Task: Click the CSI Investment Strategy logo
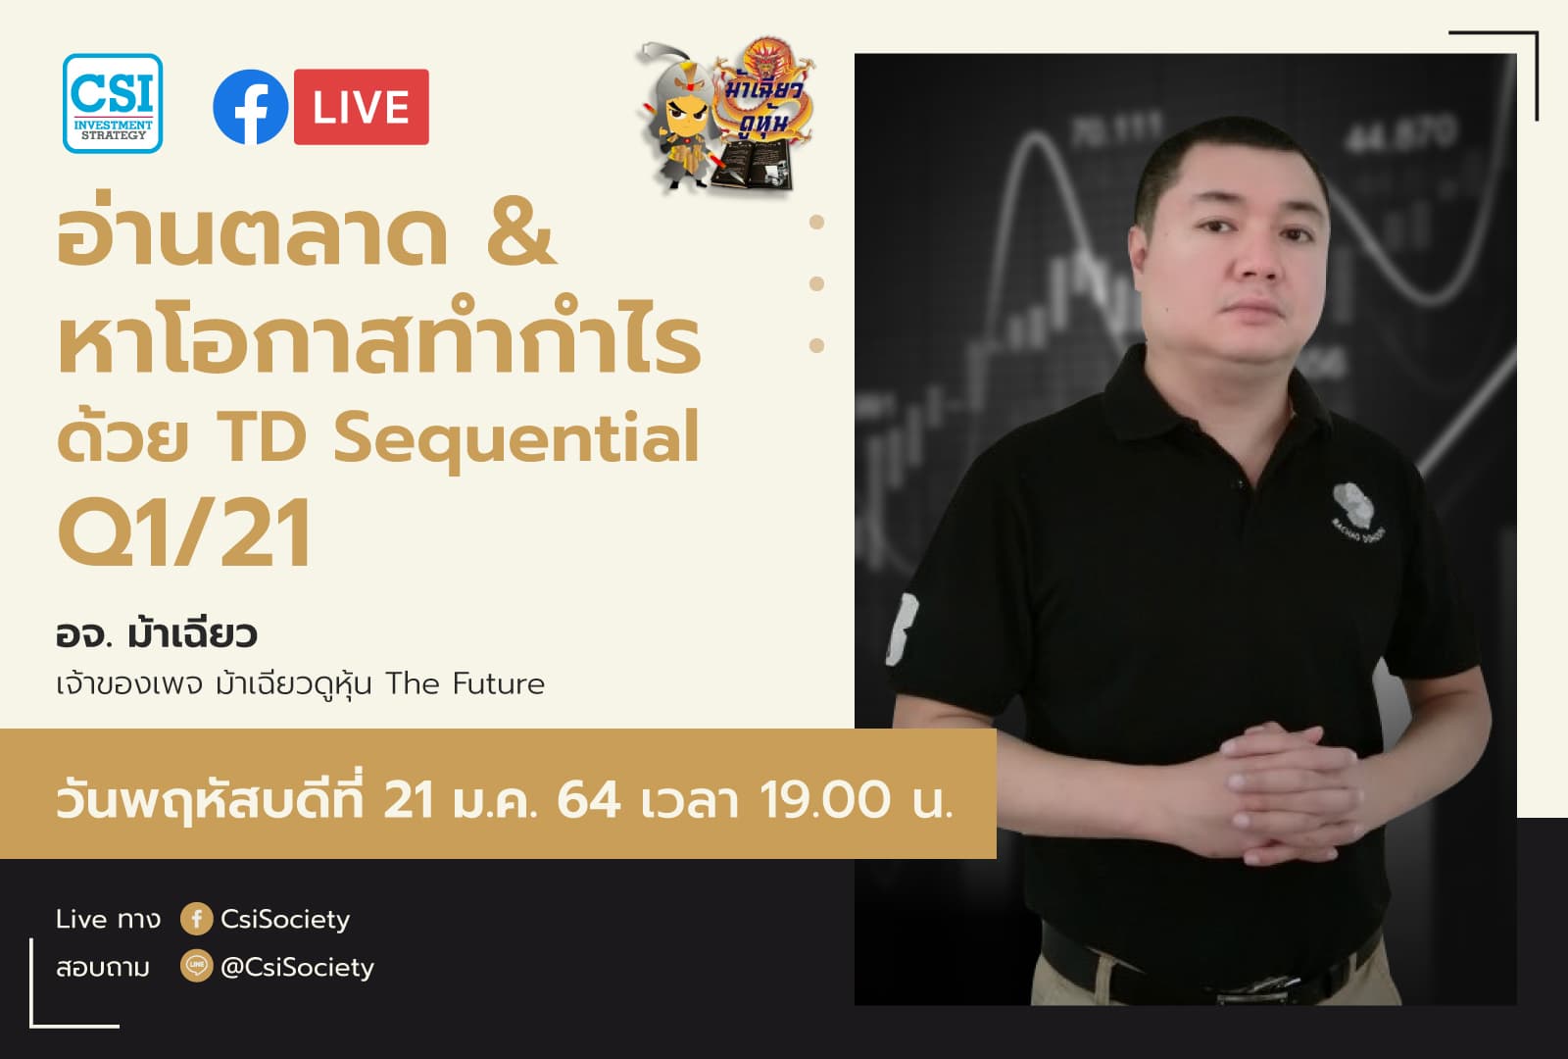pos(113,103)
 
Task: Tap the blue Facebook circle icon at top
pos(251,107)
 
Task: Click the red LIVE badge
pos(361,107)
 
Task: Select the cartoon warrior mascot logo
pos(725,116)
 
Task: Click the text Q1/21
pos(184,534)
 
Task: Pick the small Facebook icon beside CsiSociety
pos(196,919)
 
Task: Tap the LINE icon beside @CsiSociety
pos(196,967)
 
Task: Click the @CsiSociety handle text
pos(297,967)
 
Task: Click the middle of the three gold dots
pos(816,284)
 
